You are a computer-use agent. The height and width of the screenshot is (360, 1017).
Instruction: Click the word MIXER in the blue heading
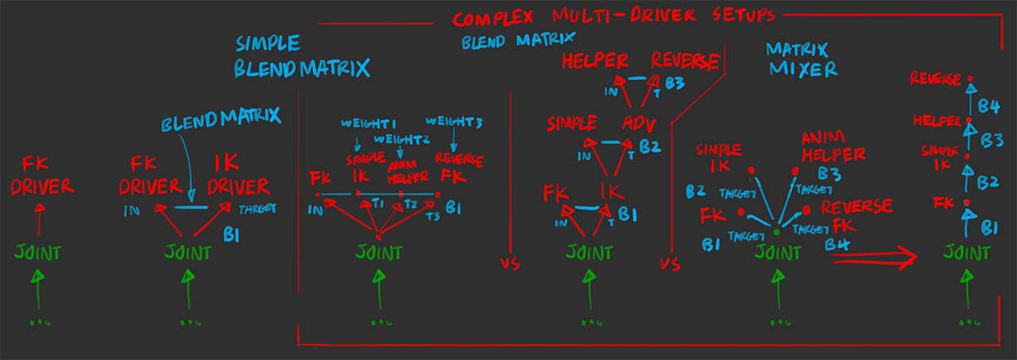pos(802,69)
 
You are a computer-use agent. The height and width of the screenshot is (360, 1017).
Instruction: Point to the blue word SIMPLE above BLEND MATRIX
pos(268,44)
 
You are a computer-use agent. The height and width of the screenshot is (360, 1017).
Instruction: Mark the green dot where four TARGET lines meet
pos(776,231)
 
